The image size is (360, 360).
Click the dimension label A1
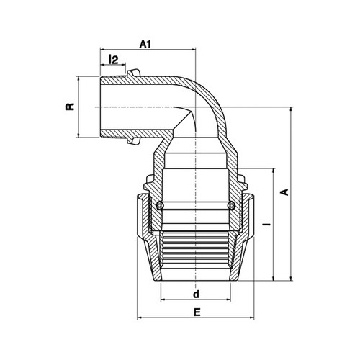[x=145, y=44]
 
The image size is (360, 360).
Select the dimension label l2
[x=114, y=59]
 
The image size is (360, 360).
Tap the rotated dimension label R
[x=70, y=107]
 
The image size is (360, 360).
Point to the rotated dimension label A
[x=284, y=192]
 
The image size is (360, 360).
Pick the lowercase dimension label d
[x=197, y=294]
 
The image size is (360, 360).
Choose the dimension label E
[x=197, y=312]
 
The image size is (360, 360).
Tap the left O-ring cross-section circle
[x=160, y=205]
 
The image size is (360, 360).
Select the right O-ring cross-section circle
[x=231, y=205]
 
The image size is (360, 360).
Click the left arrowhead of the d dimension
[x=163, y=300]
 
